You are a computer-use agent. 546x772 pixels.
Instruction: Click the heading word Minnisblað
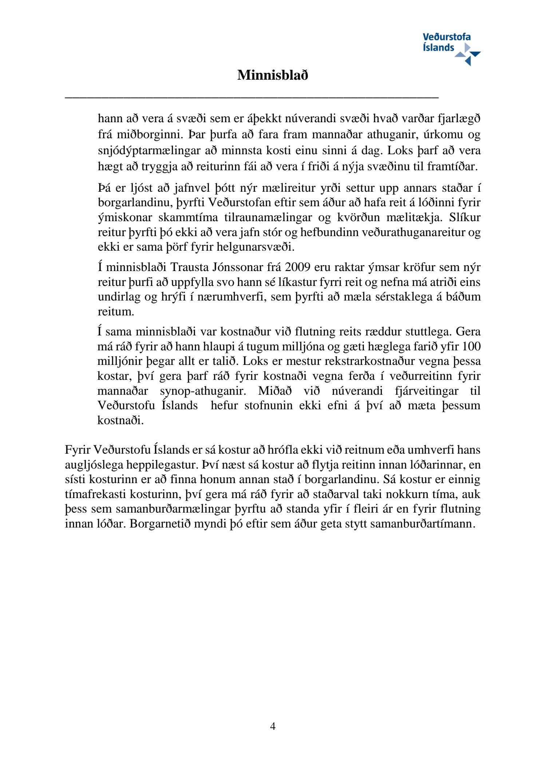[x=273, y=75]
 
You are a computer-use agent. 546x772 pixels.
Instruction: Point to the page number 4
[x=273, y=727]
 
